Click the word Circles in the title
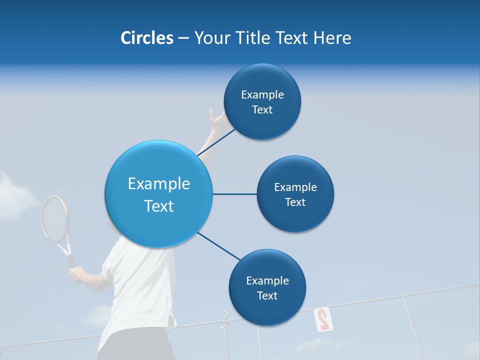click(146, 38)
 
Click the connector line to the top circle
click(216, 142)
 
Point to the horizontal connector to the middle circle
click(234, 194)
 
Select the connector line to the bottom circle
click(218, 246)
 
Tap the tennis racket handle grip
click(72, 261)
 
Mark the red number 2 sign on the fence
click(323, 319)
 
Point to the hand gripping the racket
click(77, 274)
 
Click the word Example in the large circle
click(158, 184)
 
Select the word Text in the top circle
click(262, 110)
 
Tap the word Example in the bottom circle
click(267, 281)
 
